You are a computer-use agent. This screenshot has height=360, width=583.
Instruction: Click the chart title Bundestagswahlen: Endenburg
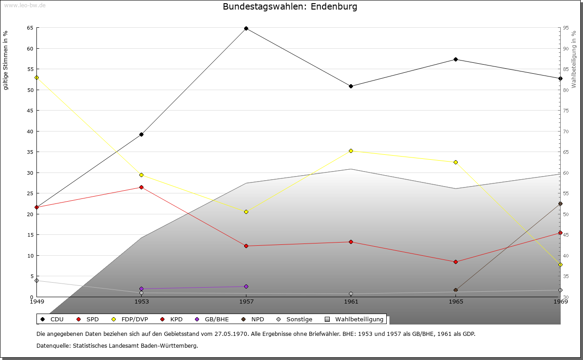pyautogui.click(x=290, y=7)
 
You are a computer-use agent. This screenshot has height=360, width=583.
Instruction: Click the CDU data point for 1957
pyautogui.click(x=246, y=29)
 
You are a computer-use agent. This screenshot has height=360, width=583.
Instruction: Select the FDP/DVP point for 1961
pyautogui.click(x=351, y=151)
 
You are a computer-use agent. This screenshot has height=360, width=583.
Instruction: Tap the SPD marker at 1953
pyautogui.click(x=141, y=187)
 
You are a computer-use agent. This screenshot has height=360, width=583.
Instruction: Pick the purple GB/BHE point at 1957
pyautogui.click(x=246, y=286)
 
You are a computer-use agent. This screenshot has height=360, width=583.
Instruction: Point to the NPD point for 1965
pyautogui.click(x=455, y=290)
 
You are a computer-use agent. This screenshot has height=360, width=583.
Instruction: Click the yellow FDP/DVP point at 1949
pyautogui.click(x=36, y=77)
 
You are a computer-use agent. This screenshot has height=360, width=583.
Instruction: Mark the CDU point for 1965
pyautogui.click(x=455, y=59)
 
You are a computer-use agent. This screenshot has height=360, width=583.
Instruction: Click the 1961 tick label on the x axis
pyautogui.click(x=351, y=302)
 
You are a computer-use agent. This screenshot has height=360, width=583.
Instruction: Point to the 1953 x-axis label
pyautogui.click(x=141, y=302)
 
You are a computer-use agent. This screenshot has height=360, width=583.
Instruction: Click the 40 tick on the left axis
pyautogui.click(x=30, y=132)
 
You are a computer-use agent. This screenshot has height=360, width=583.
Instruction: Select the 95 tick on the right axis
pyautogui.click(x=565, y=28)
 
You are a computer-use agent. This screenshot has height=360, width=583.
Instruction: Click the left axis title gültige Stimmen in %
pyautogui.click(x=6, y=60)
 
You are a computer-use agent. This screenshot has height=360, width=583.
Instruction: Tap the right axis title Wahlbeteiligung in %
pyautogui.click(x=574, y=60)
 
